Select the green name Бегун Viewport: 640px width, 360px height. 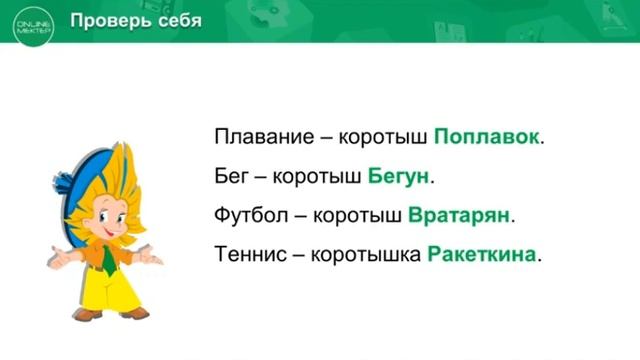398,176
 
